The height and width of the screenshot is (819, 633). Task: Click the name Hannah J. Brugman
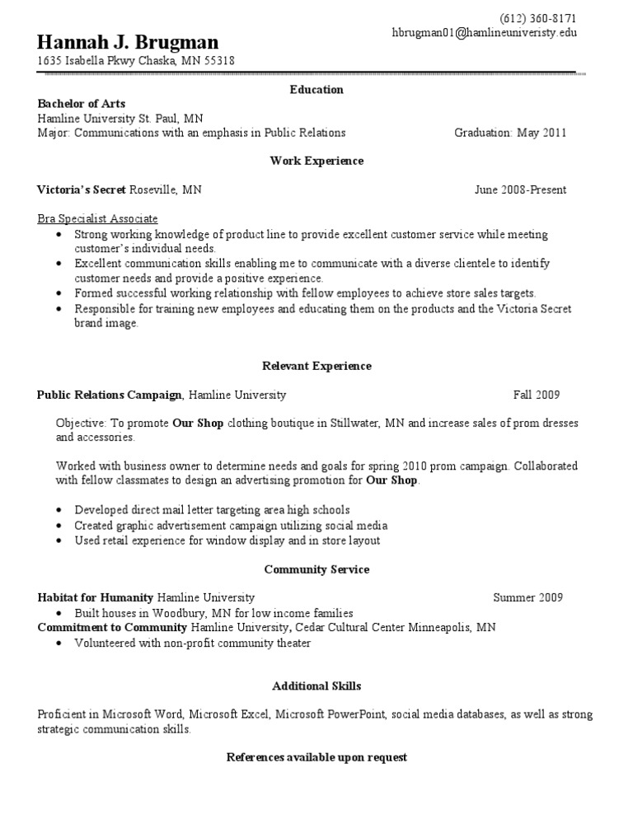tap(127, 42)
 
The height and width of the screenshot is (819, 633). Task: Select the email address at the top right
tap(484, 33)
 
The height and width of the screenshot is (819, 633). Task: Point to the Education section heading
tap(316, 89)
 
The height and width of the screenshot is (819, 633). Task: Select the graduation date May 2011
tap(542, 133)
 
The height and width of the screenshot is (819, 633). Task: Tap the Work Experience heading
tap(316, 161)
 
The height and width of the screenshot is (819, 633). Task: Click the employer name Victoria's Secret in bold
tap(82, 190)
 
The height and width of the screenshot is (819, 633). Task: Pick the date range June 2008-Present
tap(520, 190)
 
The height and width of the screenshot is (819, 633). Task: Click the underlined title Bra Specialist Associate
tap(97, 218)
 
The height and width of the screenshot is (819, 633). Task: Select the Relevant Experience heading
tap(316, 366)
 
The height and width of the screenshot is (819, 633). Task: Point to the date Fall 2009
tap(537, 395)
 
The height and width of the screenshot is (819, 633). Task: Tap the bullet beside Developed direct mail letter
tap(61, 510)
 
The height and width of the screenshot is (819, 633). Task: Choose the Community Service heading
tap(316, 569)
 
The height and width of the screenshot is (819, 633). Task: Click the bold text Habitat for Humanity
tap(96, 597)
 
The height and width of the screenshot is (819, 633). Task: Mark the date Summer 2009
tap(528, 597)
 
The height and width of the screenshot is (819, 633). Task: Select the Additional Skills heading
tap(316, 686)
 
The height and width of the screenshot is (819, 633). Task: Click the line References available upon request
tap(316, 757)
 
